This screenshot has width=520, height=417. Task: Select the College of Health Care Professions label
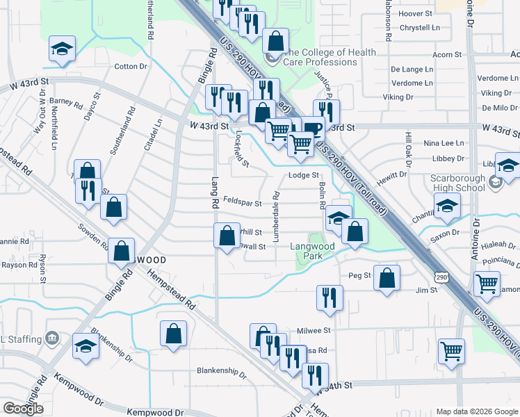tap(331, 57)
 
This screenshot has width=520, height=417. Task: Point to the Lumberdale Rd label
tap(276, 216)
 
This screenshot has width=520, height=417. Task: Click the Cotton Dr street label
tap(131, 67)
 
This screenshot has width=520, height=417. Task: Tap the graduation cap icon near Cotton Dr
tap(62, 49)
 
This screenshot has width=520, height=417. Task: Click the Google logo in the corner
tap(23, 408)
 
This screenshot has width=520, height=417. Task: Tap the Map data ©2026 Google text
tap(476, 411)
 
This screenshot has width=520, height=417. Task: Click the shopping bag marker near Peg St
tap(387, 277)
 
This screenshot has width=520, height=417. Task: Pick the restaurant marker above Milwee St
tap(330, 297)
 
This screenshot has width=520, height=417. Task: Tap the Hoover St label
tap(416, 13)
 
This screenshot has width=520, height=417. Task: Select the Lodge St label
tap(303, 176)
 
